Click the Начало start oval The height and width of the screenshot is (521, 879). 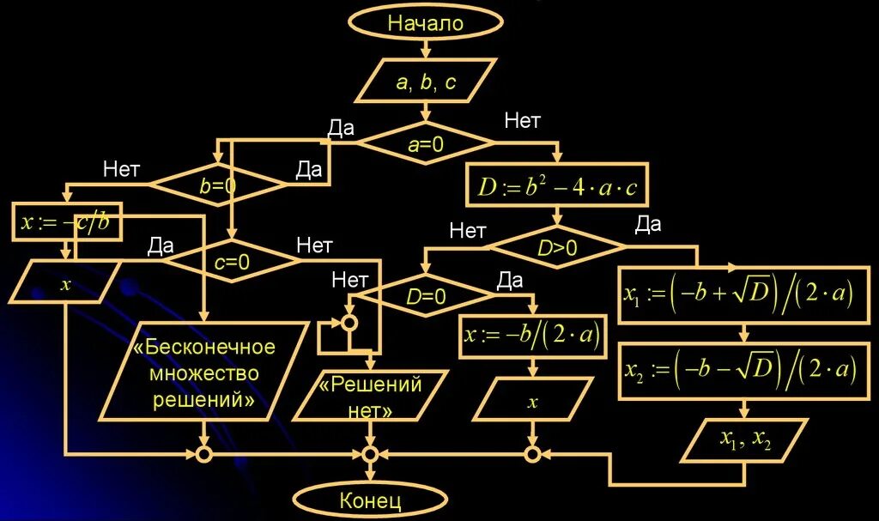[425, 23]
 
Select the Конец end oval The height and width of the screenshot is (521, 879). [371, 500]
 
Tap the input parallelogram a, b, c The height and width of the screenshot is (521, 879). [426, 82]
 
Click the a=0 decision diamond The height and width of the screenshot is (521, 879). [426, 144]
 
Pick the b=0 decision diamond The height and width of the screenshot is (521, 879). [218, 185]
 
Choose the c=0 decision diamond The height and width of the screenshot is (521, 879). [232, 264]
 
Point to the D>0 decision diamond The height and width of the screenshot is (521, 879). [558, 249]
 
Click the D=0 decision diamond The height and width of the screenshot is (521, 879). [426, 298]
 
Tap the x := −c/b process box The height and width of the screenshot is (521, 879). [65, 223]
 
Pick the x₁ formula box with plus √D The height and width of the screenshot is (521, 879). [738, 294]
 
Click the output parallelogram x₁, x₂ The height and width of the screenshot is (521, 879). [745, 441]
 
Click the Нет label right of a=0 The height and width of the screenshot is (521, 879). [522, 122]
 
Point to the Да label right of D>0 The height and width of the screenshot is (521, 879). [647, 225]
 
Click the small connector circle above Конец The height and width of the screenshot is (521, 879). [370, 454]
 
